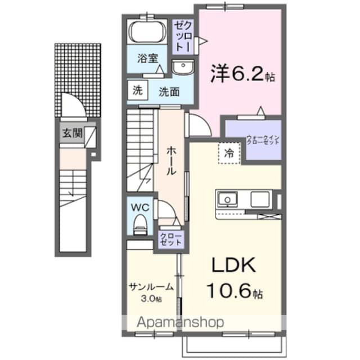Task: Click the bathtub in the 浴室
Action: point(147,31)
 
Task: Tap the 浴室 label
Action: point(147,58)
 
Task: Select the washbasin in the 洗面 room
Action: point(183,67)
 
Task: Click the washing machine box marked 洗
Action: point(137,91)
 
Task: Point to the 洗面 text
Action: point(169,92)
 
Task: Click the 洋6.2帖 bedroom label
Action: point(242,73)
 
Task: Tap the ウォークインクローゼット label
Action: point(263,139)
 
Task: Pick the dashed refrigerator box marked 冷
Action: point(229,153)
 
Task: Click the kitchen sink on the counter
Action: point(227,199)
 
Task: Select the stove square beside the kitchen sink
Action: point(260,199)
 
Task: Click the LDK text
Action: point(234,265)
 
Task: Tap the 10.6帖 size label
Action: point(235,290)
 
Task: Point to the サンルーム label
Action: point(151,286)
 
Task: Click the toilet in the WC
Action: point(140,224)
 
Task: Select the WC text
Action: point(140,208)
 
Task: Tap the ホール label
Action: point(171,161)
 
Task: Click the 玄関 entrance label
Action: point(73,133)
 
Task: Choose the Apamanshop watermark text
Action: point(180,322)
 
